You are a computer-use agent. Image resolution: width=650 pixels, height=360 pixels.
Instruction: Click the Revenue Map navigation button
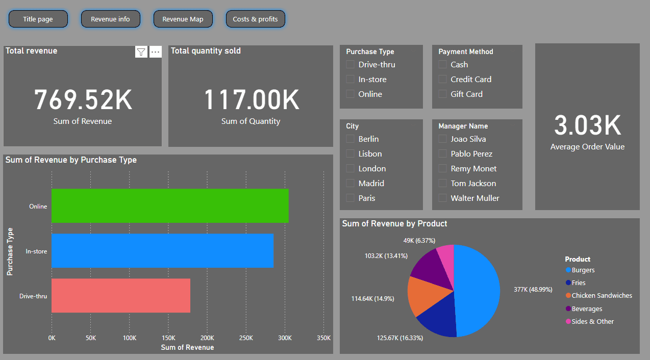click(183, 19)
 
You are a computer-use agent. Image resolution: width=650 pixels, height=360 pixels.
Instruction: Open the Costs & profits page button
click(255, 19)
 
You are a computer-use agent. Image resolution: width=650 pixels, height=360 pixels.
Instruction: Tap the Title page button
click(38, 19)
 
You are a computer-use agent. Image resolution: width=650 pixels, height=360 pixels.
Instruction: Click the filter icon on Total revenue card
click(141, 52)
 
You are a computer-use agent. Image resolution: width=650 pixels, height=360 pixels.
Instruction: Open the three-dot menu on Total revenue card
click(156, 52)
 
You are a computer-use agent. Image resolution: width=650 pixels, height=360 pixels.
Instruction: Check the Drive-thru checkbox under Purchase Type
click(350, 64)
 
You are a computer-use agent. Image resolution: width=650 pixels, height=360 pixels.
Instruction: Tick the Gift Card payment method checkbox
click(442, 94)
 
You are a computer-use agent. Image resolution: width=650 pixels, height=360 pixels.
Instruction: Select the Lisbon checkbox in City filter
click(350, 153)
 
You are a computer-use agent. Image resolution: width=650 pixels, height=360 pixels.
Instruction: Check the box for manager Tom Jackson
click(442, 183)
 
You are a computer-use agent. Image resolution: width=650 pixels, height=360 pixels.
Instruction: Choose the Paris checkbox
click(350, 198)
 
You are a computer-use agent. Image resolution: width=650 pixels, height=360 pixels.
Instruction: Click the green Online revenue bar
click(170, 206)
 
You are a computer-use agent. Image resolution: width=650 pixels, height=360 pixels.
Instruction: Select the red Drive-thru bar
click(121, 295)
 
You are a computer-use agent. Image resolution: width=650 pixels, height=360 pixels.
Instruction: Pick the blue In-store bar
click(162, 251)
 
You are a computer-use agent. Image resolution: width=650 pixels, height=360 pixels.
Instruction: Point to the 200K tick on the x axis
click(207, 338)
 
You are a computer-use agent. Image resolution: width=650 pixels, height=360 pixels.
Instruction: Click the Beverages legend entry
click(587, 308)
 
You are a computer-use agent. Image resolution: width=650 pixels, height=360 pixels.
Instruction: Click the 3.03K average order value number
click(587, 126)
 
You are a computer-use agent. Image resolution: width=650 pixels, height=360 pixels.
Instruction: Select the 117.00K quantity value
click(251, 100)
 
